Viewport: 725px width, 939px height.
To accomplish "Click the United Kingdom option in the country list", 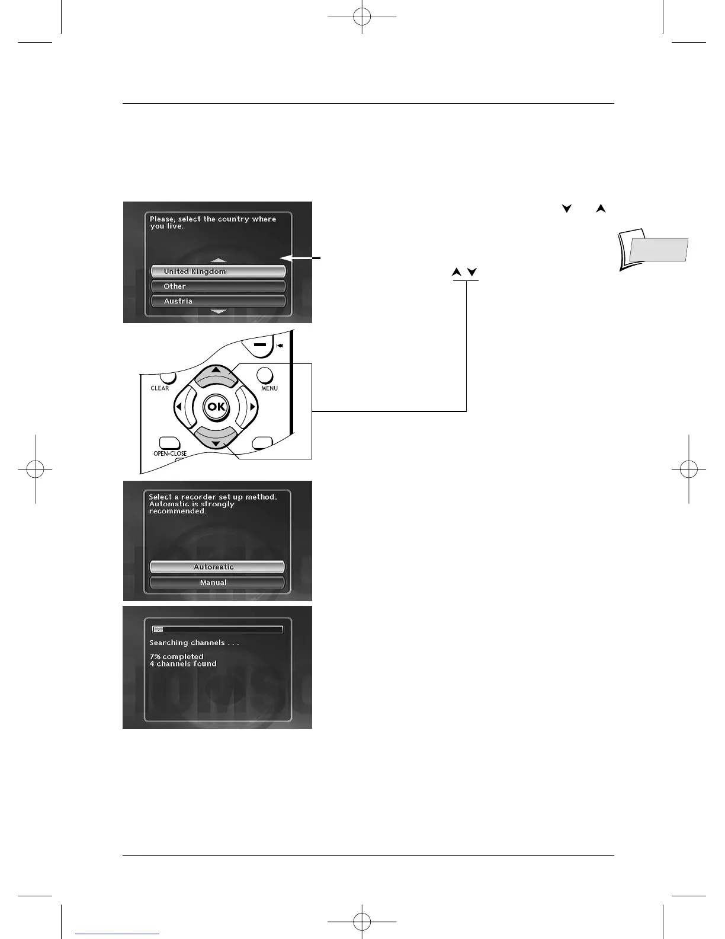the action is point(218,272).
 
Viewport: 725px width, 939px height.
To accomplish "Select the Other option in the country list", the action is point(218,286).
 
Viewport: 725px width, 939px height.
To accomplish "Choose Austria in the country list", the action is point(218,301).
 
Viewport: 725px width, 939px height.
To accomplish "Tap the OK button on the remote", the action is point(216,407).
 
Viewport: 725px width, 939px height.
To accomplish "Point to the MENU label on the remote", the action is point(270,388).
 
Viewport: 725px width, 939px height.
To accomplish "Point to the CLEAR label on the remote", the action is point(160,388).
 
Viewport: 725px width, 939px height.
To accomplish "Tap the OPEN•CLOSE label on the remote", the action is point(170,453).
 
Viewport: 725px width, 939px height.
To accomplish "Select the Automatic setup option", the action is point(217,567).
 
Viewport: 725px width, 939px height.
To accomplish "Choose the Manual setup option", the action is point(217,583).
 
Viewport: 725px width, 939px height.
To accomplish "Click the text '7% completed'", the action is point(177,657).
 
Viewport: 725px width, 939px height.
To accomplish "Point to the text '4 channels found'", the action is point(183,664).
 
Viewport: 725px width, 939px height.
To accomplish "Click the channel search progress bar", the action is point(217,630).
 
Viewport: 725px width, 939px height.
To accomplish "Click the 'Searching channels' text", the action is point(194,643).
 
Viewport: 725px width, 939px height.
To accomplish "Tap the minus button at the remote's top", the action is point(258,344).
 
